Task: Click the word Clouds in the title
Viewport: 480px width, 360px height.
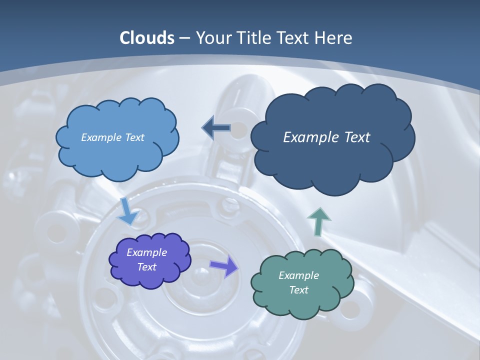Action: pyautogui.click(x=147, y=38)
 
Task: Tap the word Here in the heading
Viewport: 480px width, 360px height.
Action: pyautogui.click(x=335, y=38)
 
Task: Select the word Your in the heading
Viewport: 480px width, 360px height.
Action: pyautogui.click(x=211, y=38)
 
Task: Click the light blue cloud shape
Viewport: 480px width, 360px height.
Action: pyautogui.click(x=117, y=150)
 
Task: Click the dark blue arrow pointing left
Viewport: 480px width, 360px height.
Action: pyautogui.click(x=216, y=128)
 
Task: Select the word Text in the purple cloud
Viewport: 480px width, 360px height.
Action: pyautogui.click(x=146, y=267)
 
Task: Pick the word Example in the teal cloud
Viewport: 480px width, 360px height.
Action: pyautogui.click(x=298, y=275)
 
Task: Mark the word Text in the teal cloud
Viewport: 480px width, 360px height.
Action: pyautogui.click(x=298, y=290)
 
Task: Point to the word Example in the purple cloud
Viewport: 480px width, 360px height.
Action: pyautogui.click(x=146, y=252)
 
